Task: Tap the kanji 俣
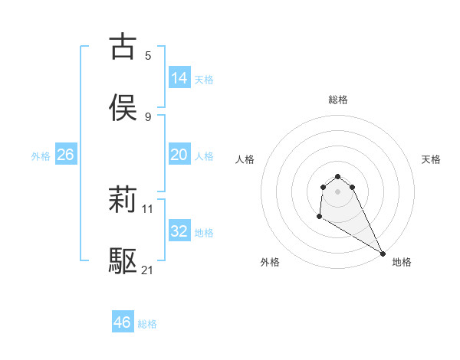123,107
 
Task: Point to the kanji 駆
123,261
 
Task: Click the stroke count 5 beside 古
148,55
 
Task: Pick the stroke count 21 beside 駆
148,270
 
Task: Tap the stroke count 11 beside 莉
148,208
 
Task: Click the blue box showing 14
179,77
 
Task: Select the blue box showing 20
179,154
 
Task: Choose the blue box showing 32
179,231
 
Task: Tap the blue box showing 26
65,154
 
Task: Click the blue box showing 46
122,322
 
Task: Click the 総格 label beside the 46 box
147,324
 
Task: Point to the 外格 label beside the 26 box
41,155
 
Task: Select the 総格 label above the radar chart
338,100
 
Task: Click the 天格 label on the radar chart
431,159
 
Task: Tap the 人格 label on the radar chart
245,159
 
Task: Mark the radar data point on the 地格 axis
383,254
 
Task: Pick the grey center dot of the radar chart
337,191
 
